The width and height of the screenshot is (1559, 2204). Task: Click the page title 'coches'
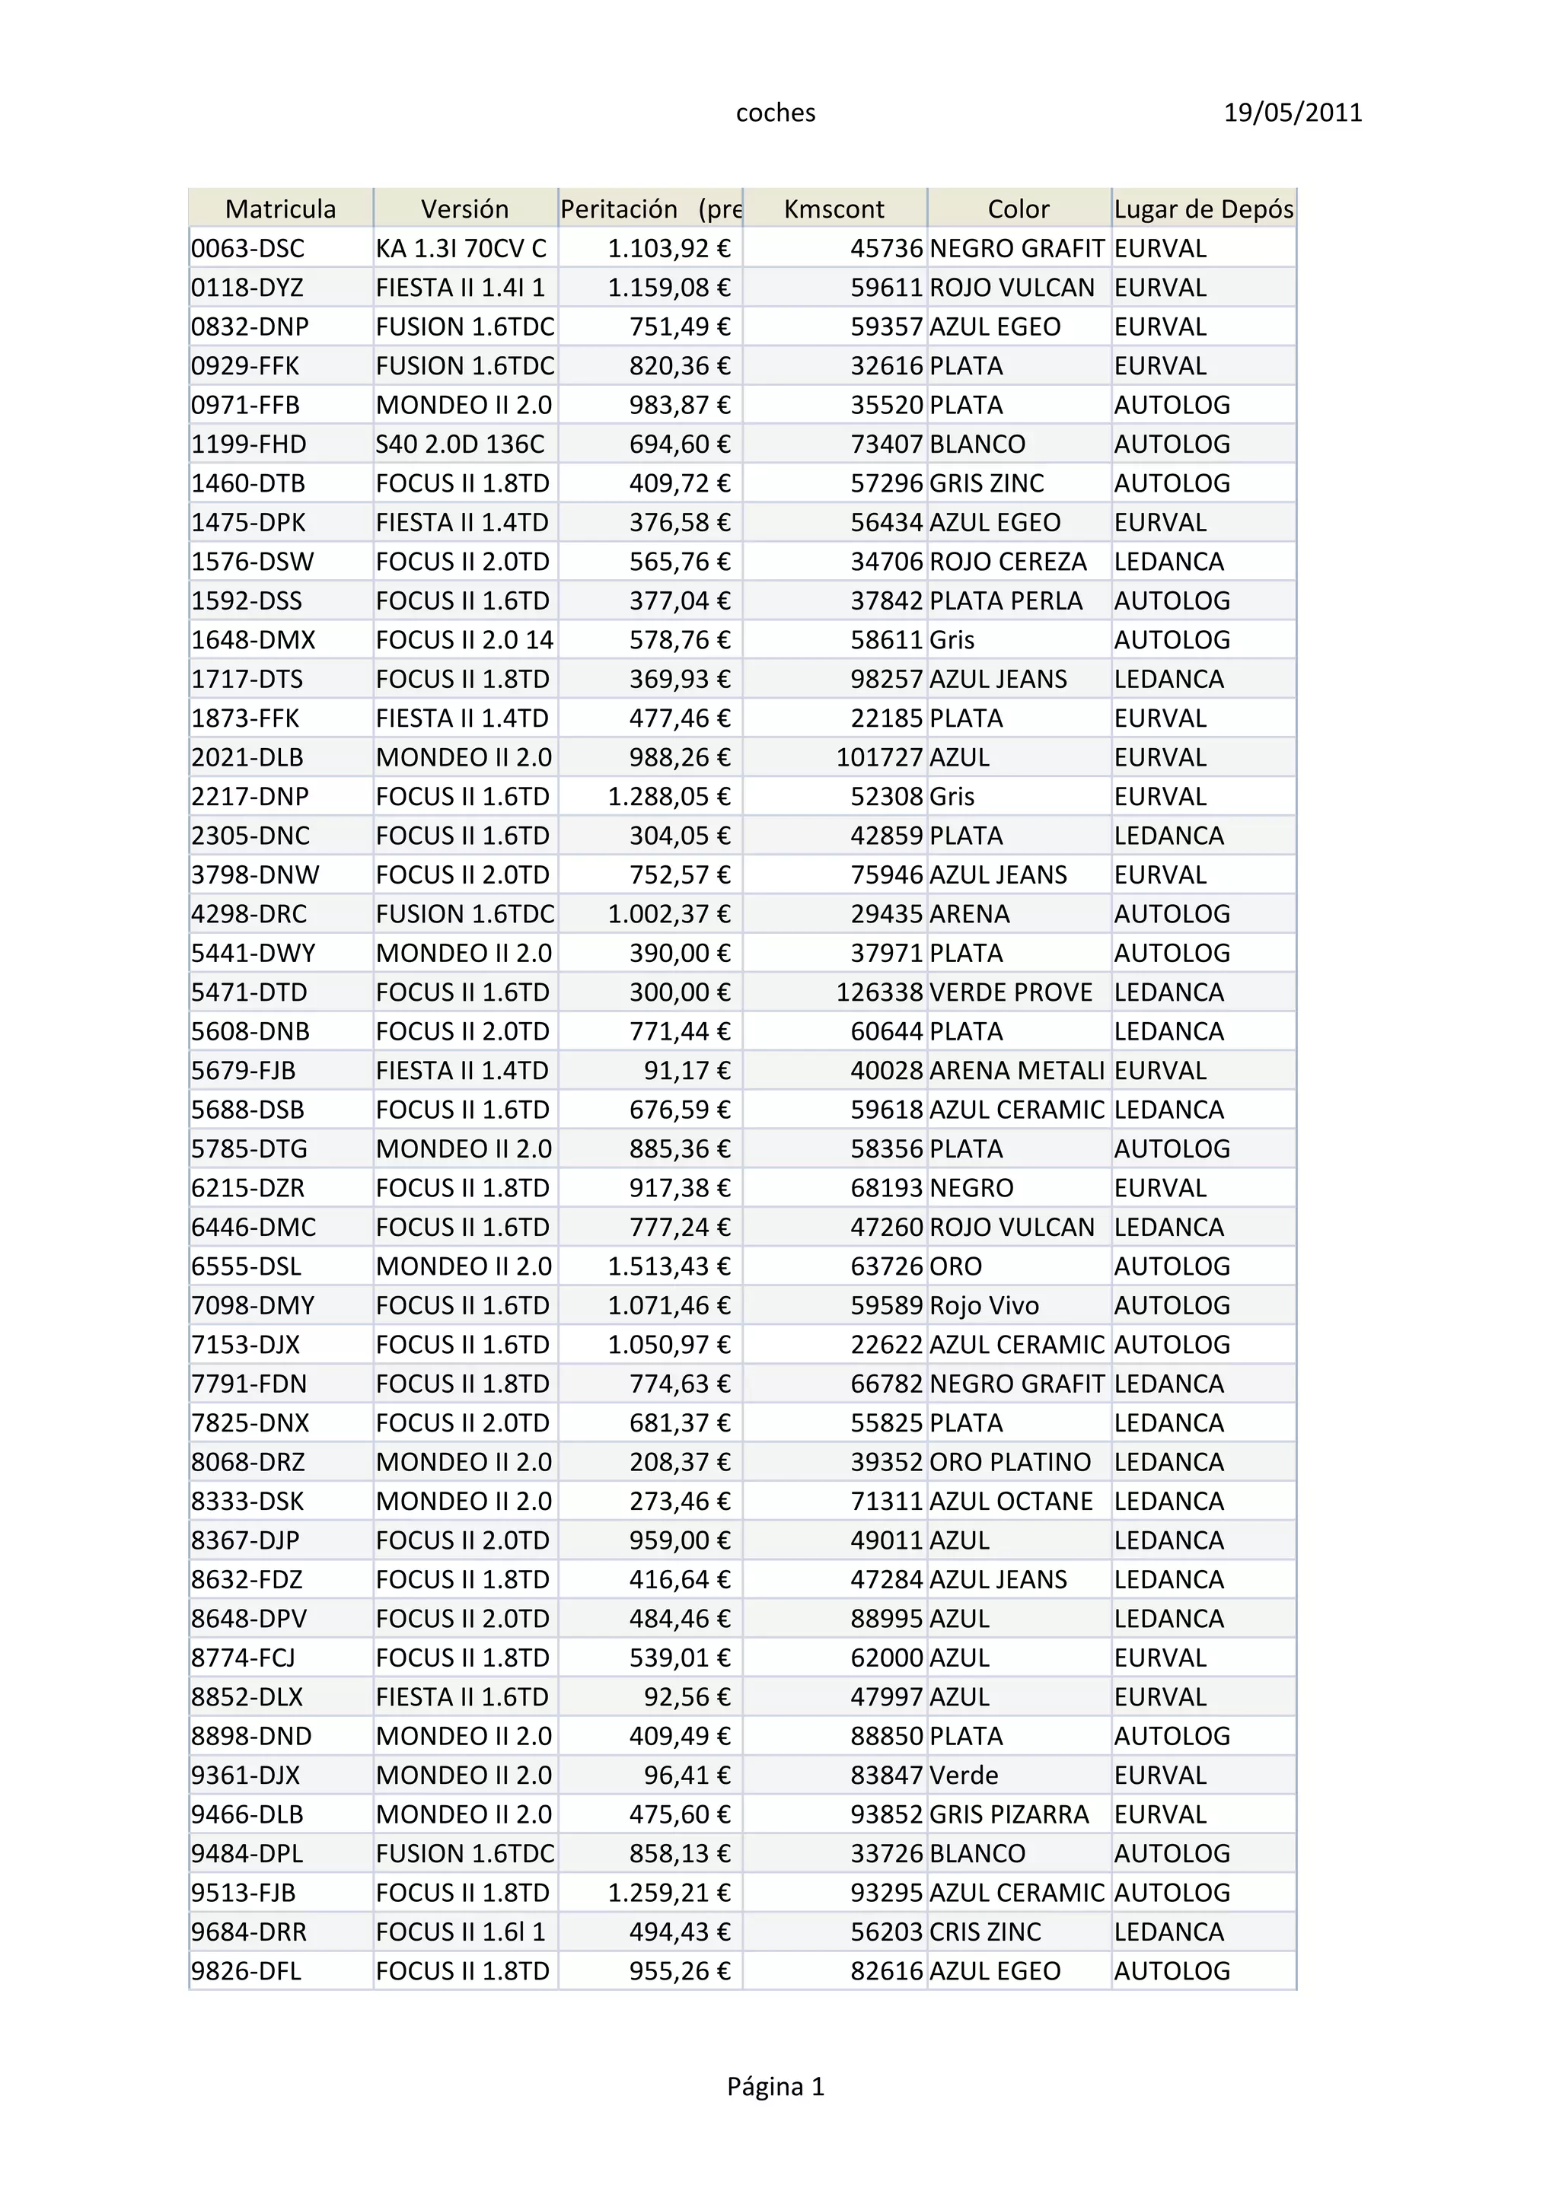tap(776, 113)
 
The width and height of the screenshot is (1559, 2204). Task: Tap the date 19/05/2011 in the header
tap(1292, 113)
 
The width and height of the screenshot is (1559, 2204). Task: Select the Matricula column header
tap(280, 209)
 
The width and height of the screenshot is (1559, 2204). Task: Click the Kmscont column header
tap(834, 209)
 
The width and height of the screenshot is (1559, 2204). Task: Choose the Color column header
tap(1019, 209)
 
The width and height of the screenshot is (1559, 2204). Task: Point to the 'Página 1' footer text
tap(776, 2086)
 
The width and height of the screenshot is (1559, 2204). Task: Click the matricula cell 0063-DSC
tap(247, 249)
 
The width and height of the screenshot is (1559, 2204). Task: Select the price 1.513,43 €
tap(669, 1266)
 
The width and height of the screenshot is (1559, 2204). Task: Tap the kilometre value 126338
tap(879, 992)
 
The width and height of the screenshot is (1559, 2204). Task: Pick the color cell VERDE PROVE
tap(1011, 992)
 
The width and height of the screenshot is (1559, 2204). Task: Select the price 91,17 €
tap(687, 1070)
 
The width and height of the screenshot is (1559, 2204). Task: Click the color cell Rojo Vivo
tap(984, 1305)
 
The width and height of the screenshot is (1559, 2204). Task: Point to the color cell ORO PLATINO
tap(1010, 1462)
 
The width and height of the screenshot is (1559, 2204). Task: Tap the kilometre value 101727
tap(879, 757)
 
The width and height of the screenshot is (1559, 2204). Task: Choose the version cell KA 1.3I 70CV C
tap(461, 249)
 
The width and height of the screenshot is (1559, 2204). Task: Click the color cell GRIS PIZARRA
tap(1009, 1814)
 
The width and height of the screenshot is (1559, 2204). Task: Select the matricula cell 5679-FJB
tap(243, 1070)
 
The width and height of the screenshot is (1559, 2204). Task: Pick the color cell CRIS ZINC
tap(985, 1932)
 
